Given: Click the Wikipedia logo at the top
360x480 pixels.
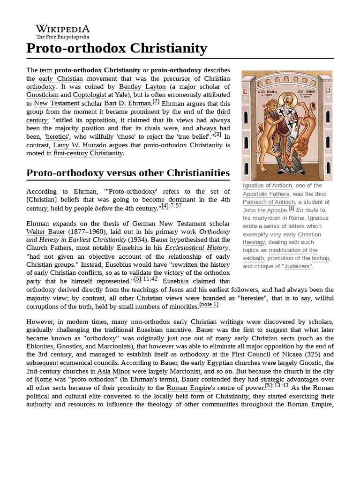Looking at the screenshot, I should pyautogui.click(x=63, y=31).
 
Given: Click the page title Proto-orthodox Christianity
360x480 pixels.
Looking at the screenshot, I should pyautogui.click(x=117, y=48).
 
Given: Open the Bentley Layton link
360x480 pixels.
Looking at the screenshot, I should pyautogui.click(x=142, y=87).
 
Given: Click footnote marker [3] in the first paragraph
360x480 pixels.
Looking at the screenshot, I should pyautogui.click(x=218, y=135).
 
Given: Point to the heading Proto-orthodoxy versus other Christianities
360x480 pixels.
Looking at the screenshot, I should pyautogui.click(x=128, y=172).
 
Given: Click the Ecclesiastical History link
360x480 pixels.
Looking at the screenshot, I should pyautogui.click(x=196, y=248).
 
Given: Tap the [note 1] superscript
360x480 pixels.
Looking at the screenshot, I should pyautogui.click(x=209, y=305).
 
